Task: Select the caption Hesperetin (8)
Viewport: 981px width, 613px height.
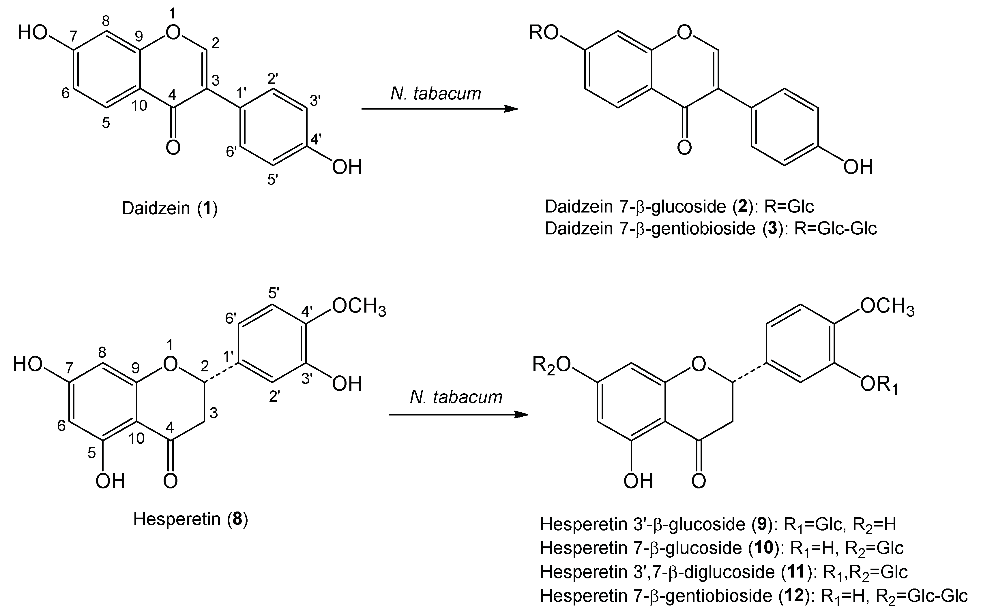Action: (x=190, y=518)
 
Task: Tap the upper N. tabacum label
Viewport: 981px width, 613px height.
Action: (x=436, y=94)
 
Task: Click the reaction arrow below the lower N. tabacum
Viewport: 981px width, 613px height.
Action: (x=458, y=415)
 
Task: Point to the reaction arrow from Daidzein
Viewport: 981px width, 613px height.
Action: (x=439, y=109)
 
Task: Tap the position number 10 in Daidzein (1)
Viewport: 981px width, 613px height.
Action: (x=139, y=106)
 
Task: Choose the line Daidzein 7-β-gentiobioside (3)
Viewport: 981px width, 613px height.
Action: (x=710, y=229)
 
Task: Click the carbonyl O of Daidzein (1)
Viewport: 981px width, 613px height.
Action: (x=173, y=148)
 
